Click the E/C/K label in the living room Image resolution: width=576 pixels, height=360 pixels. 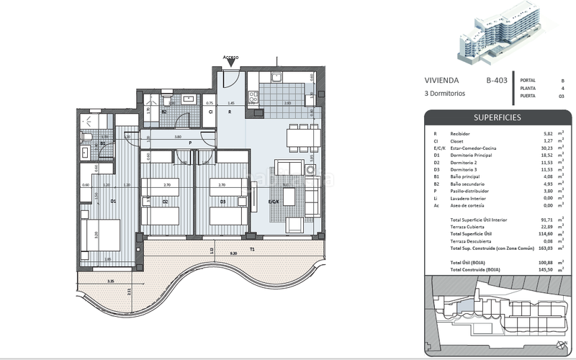pos(274,202)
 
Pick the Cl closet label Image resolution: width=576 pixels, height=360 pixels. pos(210,112)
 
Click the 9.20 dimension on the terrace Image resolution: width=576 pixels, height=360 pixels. pos(234,253)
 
